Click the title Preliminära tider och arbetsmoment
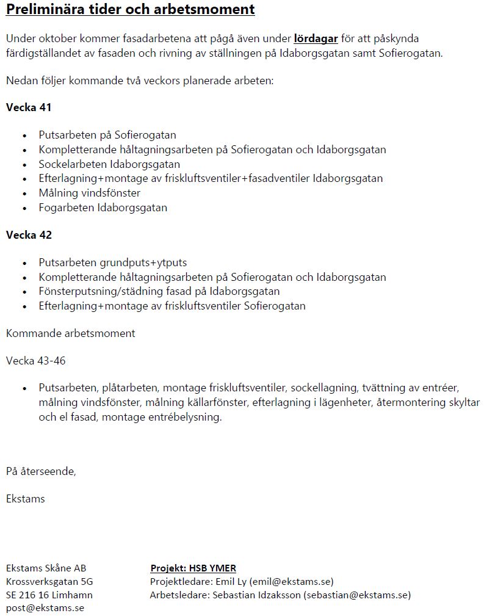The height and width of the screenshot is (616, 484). coord(130,10)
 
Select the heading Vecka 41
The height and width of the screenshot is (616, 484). coord(29,107)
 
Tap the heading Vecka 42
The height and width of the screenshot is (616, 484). coord(29,235)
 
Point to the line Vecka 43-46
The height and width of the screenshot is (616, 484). coord(35,361)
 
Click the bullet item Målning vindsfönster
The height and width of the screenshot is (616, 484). coord(89,193)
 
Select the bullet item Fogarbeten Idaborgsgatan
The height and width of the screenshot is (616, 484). coord(103,208)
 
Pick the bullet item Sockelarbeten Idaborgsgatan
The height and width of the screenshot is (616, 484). coord(109,164)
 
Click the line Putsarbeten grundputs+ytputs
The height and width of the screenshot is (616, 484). coord(113,263)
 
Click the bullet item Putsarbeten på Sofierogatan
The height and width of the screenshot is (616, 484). coord(107,135)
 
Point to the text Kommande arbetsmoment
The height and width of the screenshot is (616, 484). coord(71,333)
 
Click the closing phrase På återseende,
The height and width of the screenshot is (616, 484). coord(41,471)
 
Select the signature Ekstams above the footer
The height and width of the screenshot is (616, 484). coord(25,499)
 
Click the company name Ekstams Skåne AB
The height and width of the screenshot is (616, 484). coord(46,568)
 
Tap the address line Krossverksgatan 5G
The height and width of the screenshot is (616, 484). coord(49,581)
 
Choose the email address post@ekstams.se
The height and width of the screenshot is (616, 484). coord(45,608)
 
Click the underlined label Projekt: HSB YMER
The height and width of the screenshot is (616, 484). coord(193,568)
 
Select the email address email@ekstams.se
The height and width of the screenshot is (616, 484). coord(291,581)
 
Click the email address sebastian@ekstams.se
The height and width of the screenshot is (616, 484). coord(356,595)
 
